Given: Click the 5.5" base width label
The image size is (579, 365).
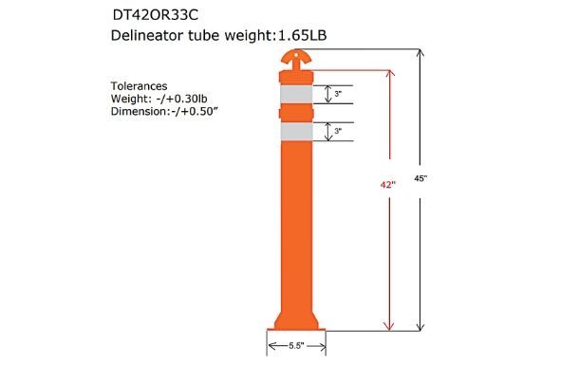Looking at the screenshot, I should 299,347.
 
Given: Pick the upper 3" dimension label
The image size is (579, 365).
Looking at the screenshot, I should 339,94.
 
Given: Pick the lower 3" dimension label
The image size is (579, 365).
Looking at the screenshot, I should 339,131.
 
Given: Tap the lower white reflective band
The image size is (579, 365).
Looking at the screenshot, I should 298,131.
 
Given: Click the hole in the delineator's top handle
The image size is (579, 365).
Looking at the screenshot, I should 298,54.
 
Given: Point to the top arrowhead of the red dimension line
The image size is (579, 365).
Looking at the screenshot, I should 387,73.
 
